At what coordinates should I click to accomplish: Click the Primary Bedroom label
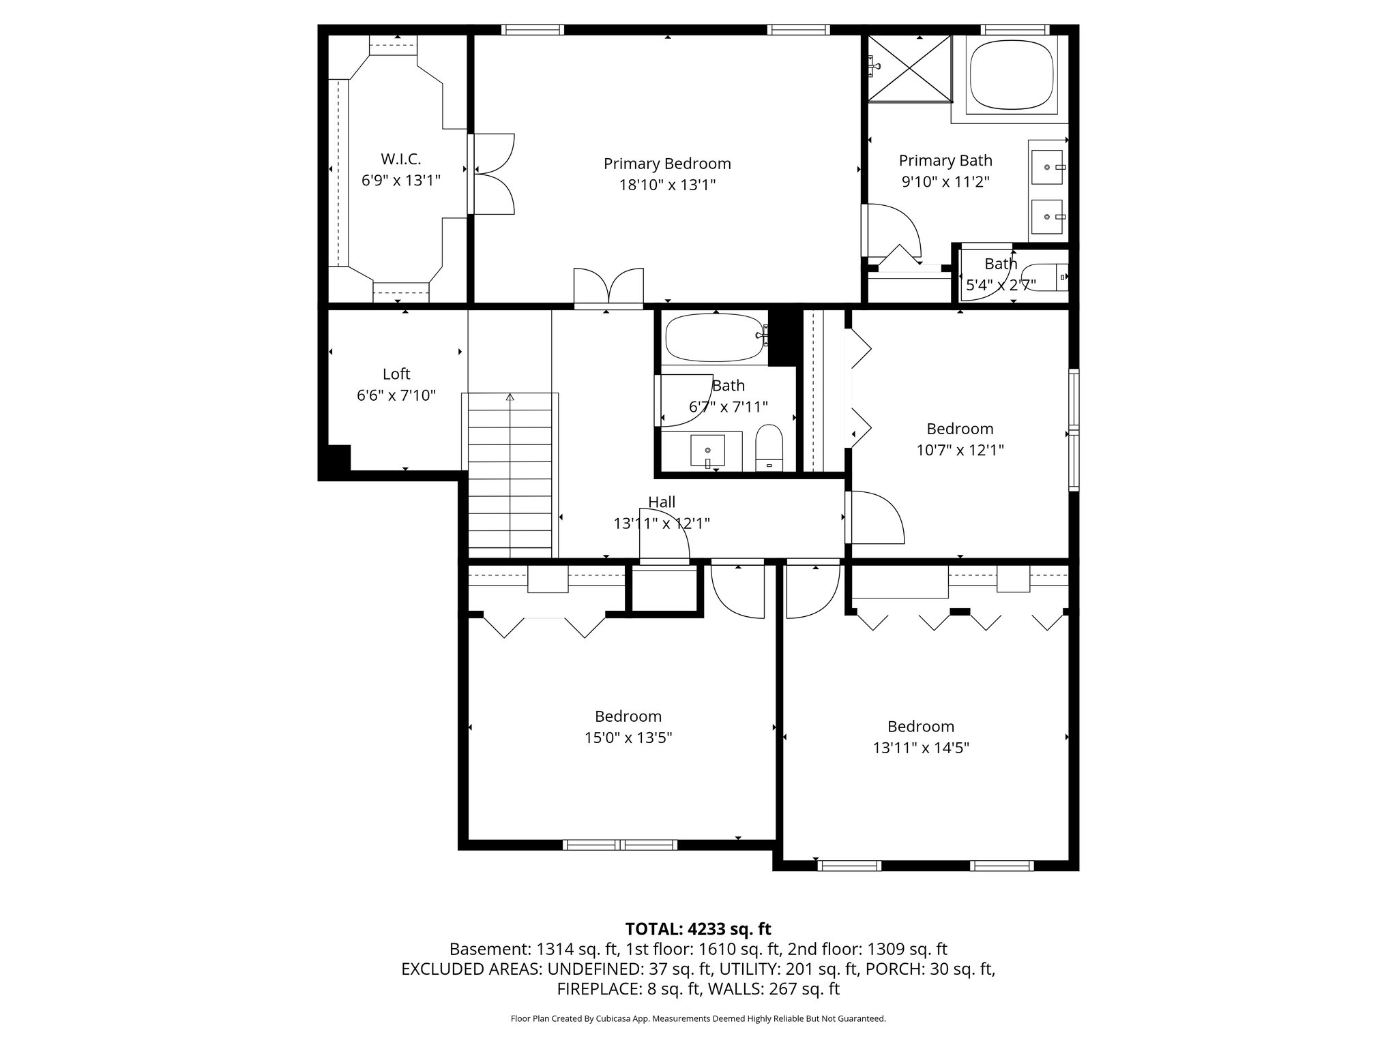[666, 164]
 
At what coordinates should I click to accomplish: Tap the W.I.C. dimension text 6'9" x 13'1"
[400, 181]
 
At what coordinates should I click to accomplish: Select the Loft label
[396, 374]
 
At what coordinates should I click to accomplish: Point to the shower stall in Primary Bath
[909, 68]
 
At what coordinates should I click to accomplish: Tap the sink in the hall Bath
[708, 451]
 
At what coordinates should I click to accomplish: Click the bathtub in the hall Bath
[715, 337]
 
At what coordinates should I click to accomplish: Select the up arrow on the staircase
[510, 397]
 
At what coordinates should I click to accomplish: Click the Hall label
[661, 502]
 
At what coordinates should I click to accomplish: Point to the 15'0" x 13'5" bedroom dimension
[628, 738]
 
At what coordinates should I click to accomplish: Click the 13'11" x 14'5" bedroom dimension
[920, 748]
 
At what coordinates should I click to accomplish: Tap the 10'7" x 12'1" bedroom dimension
[960, 450]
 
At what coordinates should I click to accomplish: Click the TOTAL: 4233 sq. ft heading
[698, 928]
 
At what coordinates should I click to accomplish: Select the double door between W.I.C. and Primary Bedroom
[491, 174]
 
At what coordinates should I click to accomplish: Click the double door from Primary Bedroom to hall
[608, 288]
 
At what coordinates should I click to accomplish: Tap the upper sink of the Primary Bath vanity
[1047, 167]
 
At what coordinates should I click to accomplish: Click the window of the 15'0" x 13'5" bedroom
[620, 845]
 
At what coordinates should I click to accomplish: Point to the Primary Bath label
[945, 160]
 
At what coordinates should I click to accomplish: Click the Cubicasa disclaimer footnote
[698, 1018]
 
